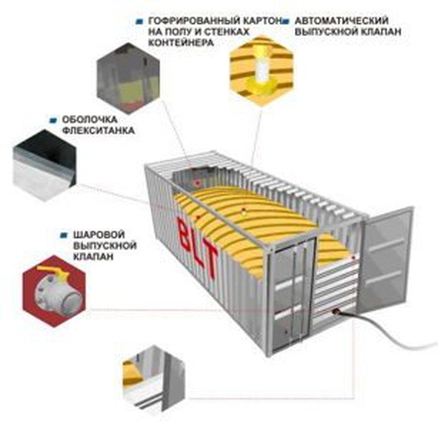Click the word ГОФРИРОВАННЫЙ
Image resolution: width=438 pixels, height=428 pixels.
194,21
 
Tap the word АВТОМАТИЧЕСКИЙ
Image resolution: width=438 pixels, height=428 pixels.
342,21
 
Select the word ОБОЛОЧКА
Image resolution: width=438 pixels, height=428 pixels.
90,120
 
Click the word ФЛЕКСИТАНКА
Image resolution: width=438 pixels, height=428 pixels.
98,130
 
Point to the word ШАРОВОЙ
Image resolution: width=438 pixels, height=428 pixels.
99,235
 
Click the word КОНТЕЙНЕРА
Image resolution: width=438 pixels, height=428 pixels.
181,43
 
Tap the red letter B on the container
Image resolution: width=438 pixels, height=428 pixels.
185,234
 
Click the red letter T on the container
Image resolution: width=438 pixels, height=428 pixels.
210,262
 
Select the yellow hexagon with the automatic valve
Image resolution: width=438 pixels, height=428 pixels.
261,70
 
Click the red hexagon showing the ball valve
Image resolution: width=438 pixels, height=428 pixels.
54,291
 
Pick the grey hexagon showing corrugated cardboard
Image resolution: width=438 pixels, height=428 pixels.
129,78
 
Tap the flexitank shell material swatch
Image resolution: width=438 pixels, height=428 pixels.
45,165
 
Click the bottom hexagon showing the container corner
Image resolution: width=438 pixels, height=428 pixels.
153,379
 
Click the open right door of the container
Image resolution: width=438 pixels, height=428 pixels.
387,258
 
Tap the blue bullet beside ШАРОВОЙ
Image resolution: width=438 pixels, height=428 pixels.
65,235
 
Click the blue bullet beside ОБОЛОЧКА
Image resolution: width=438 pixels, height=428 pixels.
53,120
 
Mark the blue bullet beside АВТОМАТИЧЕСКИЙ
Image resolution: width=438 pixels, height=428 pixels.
286,21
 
